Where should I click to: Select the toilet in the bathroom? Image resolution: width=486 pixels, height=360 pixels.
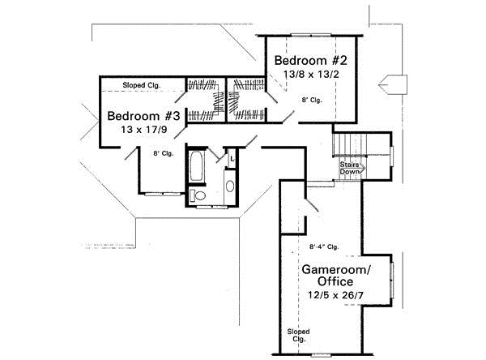pos(197,195)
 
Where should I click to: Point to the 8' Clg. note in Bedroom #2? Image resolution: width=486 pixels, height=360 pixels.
pos(312,101)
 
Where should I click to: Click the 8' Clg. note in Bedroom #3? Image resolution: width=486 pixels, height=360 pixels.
pos(163,152)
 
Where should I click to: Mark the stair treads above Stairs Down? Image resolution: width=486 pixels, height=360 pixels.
pos(351,146)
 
